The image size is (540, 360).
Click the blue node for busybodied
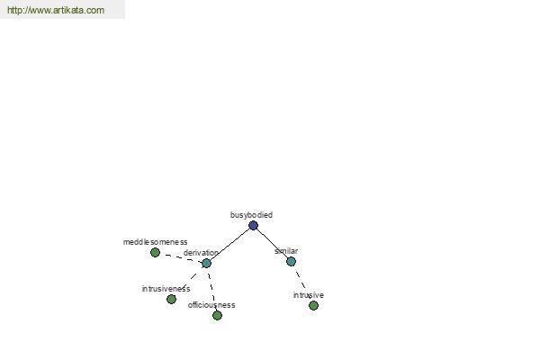pyautogui.click(x=253, y=226)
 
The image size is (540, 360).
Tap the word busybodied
pyautogui.click(x=251, y=215)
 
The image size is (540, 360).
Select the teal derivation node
pyautogui.click(x=206, y=263)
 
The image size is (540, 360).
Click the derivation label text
pyautogui.click(x=201, y=253)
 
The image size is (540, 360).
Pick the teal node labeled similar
pyautogui.click(x=291, y=262)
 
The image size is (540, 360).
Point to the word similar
pyautogui.click(x=286, y=251)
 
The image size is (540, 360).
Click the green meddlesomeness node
pyautogui.click(x=155, y=253)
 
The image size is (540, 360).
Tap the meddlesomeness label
pyautogui.click(x=156, y=242)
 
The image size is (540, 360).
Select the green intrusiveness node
pyautogui.click(x=171, y=299)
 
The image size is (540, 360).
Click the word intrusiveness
pyautogui.click(x=166, y=289)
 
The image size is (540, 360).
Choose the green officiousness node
pyautogui.click(x=217, y=315)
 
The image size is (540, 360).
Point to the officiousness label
pyautogui.click(x=211, y=305)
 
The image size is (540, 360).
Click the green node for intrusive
pyautogui.click(x=313, y=305)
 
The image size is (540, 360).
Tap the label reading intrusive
pyautogui.click(x=308, y=295)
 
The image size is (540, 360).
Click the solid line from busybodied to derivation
pyautogui.click(x=229, y=245)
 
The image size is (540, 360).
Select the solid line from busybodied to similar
pyautogui.click(x=272, y=244)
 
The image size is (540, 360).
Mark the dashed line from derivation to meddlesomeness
pyautogui.click(x=181, y=257)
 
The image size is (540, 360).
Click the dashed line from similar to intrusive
pyautogui.click(x=302, y=283)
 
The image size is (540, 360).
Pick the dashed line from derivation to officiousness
pyautogui.click(x=211, y=289)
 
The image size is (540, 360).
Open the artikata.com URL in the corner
pyautogui.click(x=56, y=10)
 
